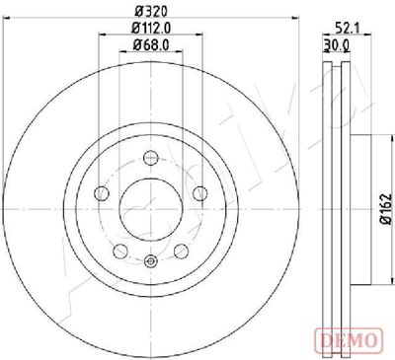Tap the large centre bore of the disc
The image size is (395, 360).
point(150,207)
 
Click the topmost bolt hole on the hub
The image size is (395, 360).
point(150,156)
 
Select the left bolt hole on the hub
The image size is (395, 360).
point(101,192)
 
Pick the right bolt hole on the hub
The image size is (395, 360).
point(199,192)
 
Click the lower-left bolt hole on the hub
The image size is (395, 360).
point(119,250)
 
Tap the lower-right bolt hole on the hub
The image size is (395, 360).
point(181,250)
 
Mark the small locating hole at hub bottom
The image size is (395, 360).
point(150,260)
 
